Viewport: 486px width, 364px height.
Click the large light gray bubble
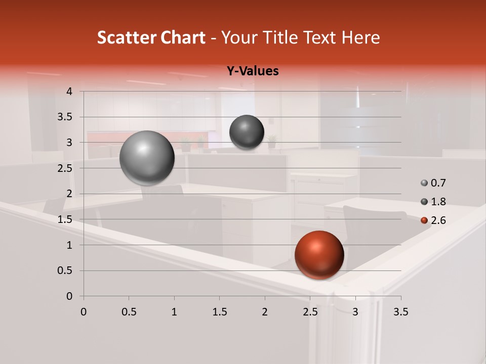coord(147,158)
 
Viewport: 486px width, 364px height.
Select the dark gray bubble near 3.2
coord(247,132)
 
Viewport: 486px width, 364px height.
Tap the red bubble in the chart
coord(319,255)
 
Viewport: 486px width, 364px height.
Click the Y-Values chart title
coord(253,71)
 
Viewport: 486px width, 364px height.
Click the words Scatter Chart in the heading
coord(151,37)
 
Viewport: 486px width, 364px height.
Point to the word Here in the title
coord(361,37)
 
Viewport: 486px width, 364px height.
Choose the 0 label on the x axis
coord(84,311)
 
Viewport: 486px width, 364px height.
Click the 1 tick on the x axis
coord(174,311)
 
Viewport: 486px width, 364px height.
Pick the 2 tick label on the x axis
coord(265,311)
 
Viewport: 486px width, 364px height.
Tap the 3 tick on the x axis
coord(355,311)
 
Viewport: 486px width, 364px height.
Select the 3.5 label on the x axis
coord(400,311)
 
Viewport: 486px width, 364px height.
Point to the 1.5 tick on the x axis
coord(219,311)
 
